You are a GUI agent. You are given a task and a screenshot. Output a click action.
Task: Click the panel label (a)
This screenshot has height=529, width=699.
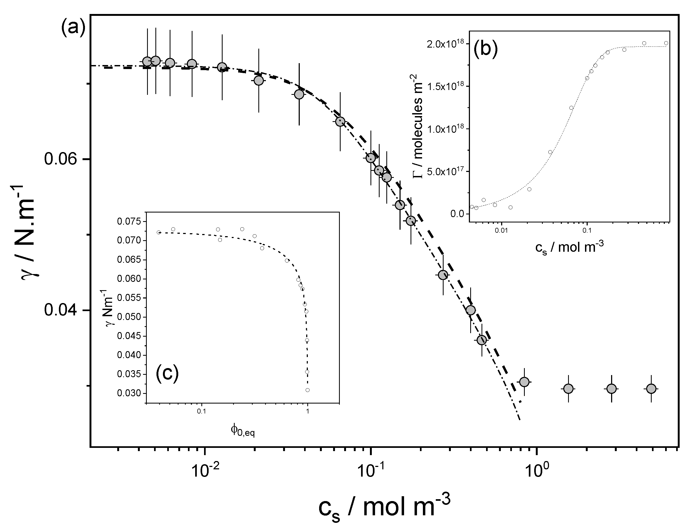(73, 29)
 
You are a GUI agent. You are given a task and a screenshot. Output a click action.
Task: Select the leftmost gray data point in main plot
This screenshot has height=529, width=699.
(147, 62)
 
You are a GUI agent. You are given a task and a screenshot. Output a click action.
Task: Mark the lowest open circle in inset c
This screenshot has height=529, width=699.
(308, 390)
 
